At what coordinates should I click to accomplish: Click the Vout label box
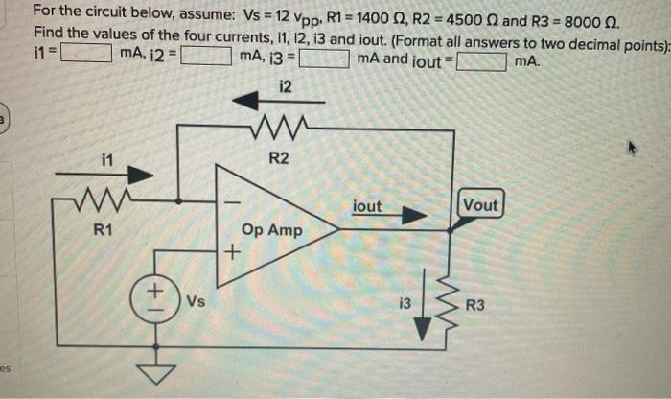pyautogui.click(x=479, y=205)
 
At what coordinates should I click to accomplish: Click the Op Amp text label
pyautogui.click(x=272, y=231)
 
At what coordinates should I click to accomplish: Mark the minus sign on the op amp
pyautogui.click(x=230, y=203)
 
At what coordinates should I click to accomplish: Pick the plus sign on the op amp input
pyautogui.click(x=230, y=254)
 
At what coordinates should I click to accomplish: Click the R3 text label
pyautogui.click(x=475, y=307)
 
